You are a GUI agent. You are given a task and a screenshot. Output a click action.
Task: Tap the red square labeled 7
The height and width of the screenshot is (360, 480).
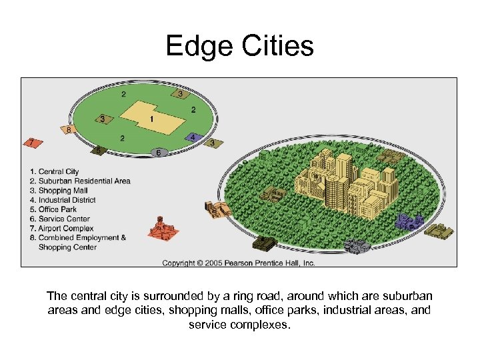click(30, 142)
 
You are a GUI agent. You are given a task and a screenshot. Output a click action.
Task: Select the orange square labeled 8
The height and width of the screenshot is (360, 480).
click(67, 130)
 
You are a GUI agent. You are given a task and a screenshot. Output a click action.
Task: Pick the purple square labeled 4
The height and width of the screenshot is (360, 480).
click(192, 137)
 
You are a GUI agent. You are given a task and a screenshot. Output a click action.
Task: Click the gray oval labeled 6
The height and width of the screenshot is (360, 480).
click(158, 153)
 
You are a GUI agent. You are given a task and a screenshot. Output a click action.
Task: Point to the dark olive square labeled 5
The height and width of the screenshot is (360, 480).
click(99, 151)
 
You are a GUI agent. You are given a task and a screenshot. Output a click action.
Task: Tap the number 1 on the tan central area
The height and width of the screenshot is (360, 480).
click(152, 119)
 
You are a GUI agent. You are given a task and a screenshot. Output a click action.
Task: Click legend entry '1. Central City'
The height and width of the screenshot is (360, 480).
click(59, 172)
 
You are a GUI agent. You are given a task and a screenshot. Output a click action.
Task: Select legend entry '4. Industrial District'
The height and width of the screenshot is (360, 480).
click(67, 200)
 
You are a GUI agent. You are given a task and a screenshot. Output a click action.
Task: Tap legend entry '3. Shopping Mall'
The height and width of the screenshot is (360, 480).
click(63, 191)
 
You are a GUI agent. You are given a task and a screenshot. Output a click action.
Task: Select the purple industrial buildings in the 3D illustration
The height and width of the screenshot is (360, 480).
click(409, 220)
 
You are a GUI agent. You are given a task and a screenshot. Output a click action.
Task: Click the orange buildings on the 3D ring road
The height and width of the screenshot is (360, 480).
click(219, 210)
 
